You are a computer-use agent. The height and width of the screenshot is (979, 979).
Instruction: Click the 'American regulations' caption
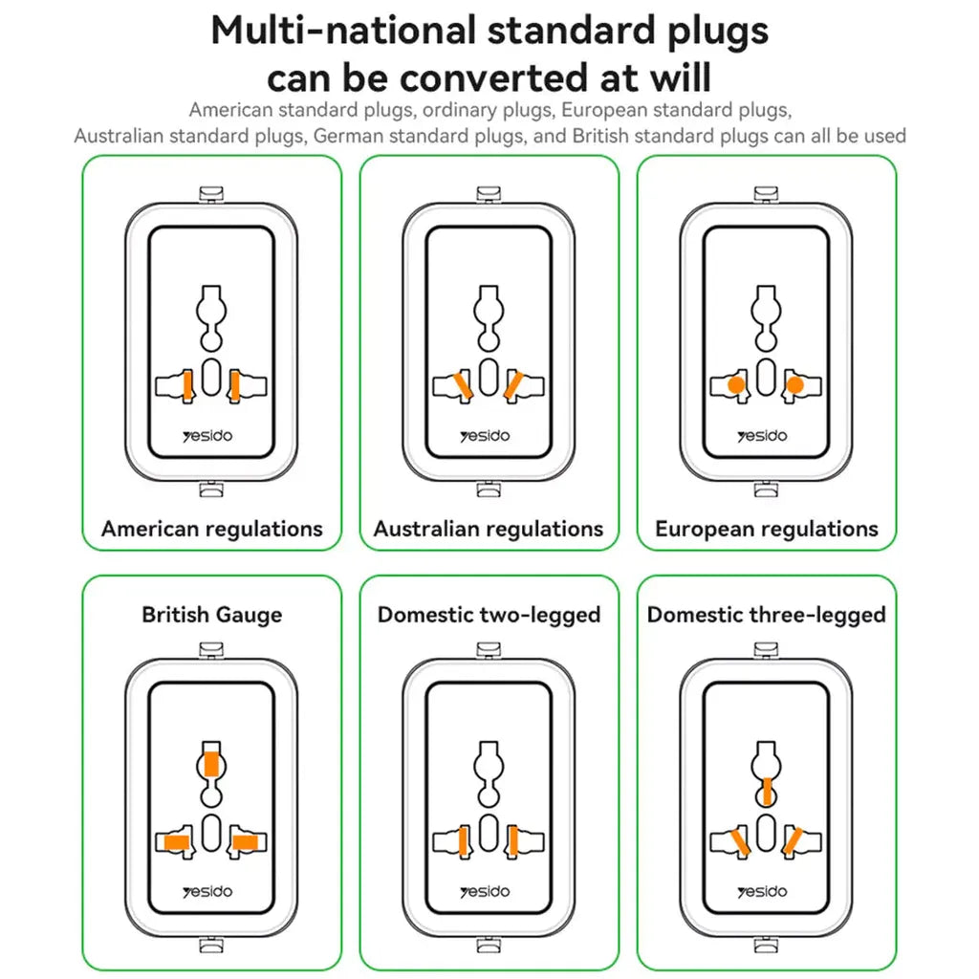click(x=212, y=529)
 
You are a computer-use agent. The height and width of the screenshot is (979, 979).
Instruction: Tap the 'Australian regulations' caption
click(x=489, y=529)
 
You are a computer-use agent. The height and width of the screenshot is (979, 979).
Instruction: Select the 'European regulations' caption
click(x=767, y=529)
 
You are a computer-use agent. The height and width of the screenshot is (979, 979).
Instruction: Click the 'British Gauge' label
click(x=212, y=614)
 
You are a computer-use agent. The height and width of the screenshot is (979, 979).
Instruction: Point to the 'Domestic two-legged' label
click(x=489, y=614)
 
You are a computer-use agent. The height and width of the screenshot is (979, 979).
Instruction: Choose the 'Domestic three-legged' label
click(x=767, y=614)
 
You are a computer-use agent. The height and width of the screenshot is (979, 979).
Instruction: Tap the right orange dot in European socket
click(x=794, y=385)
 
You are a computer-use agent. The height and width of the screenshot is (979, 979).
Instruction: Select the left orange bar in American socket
click(x=187, y=385)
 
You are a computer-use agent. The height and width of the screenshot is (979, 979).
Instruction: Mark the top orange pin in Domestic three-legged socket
click(x=766, y=790)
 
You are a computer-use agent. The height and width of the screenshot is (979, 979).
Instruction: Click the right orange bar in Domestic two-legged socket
click(x=513, y=841)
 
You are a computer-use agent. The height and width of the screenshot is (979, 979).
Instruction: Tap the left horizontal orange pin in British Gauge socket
click(x=176, y=842)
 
